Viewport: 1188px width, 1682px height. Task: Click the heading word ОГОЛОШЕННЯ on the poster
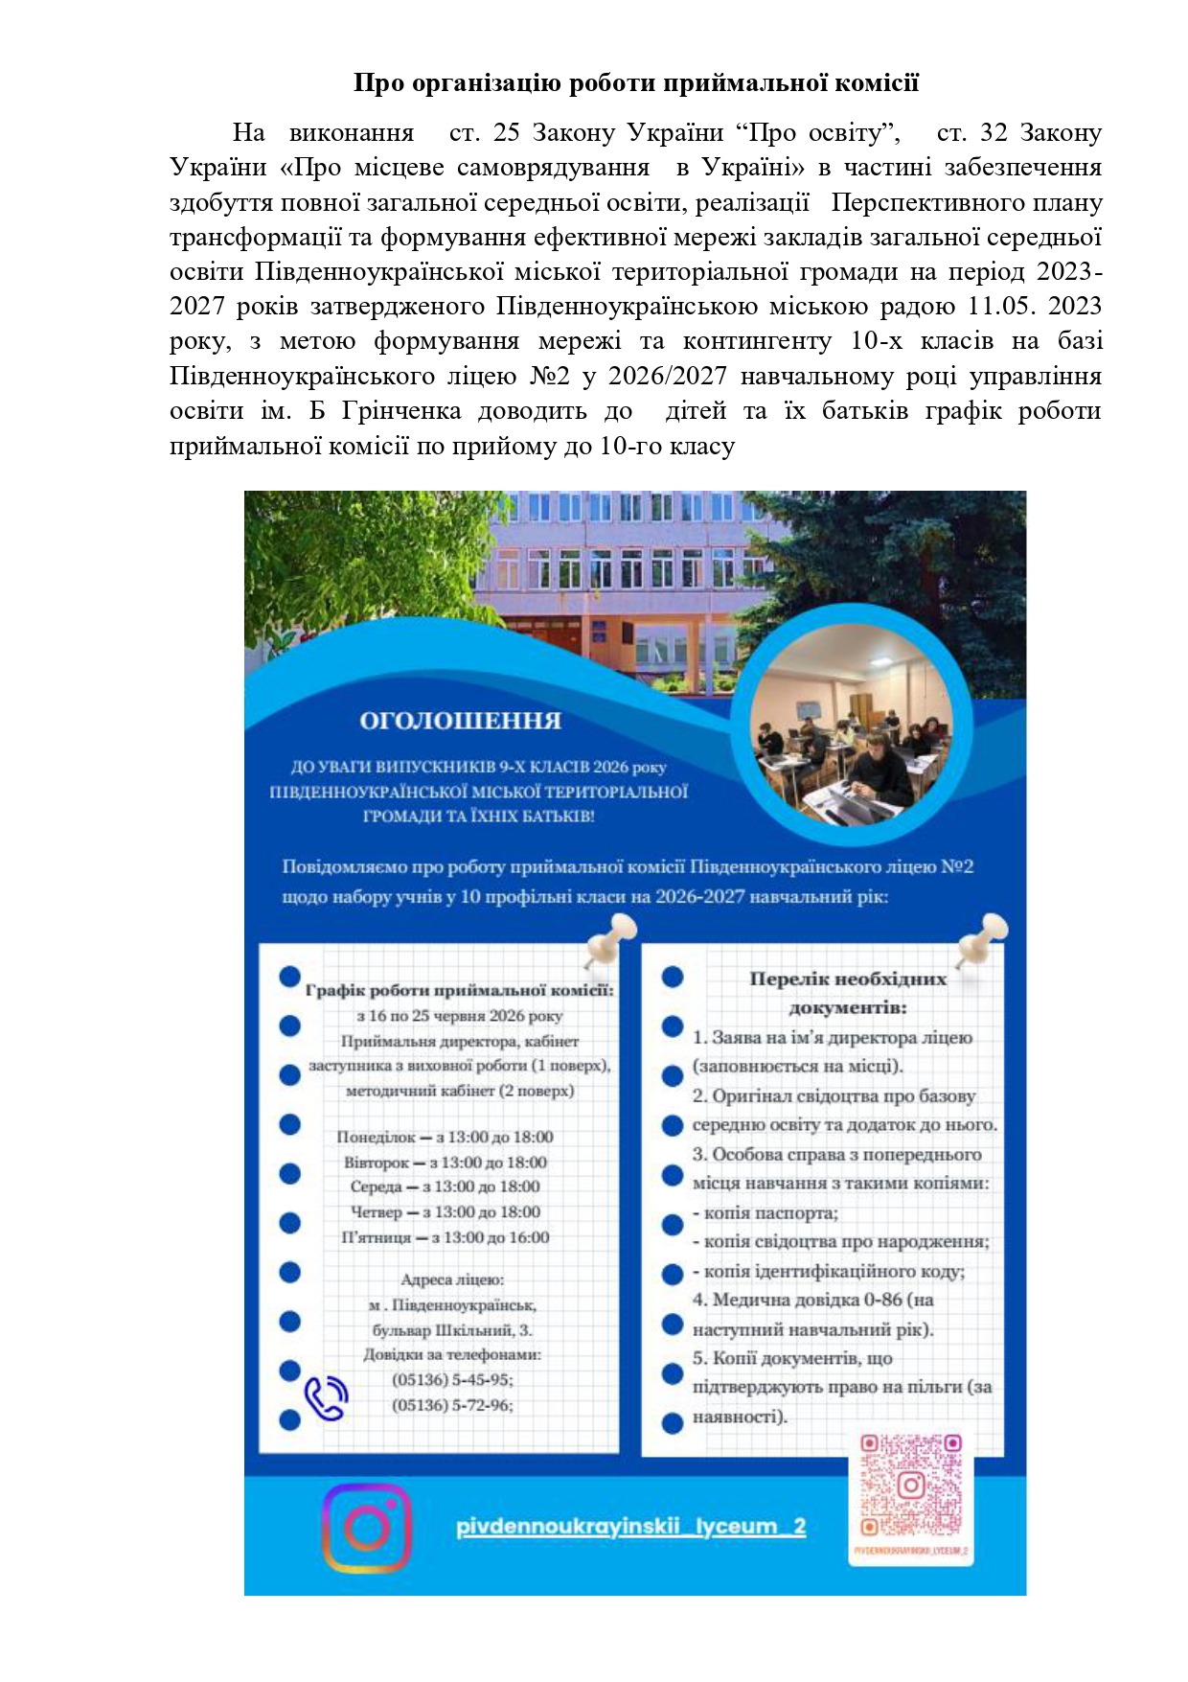point(460,721)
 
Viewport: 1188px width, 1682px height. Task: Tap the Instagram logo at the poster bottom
point(366,1528)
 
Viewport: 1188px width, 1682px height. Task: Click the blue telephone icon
point(326,1398)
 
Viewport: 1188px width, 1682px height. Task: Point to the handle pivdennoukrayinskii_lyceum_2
point(630,1527)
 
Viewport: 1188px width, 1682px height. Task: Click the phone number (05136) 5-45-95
point(452,1380)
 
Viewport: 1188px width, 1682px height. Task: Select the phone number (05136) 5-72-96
point(452,1405)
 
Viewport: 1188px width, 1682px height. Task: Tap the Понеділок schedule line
point(445,1138)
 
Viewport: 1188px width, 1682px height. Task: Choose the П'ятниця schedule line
point(445,1237)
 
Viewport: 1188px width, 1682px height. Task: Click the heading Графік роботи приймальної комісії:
point(459,990)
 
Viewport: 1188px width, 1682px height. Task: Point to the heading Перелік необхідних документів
point(847,993)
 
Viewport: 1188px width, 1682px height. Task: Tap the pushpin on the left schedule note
point(609,938)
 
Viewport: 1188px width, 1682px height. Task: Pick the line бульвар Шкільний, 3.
point(452,1330)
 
